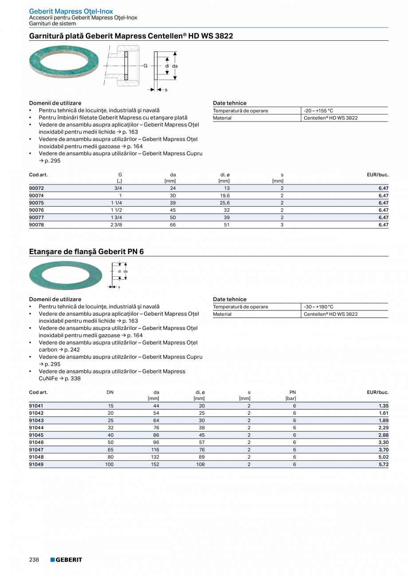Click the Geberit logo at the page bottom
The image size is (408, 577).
click(66, 560)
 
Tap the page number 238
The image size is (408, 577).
click(34, 560)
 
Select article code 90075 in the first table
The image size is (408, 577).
click(36, 203)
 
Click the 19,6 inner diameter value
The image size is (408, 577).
click(225, 196)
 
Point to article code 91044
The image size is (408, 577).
click(36, 428)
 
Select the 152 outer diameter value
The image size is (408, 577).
click(155, 464)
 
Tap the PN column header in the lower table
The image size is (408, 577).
click(292, 392)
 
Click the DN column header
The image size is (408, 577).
click(110, 392)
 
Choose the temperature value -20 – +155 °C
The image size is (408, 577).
click(318, 111)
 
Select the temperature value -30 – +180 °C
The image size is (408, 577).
click(318, 307)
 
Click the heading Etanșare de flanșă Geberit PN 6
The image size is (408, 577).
click(86, 251)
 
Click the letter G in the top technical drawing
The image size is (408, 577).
click(145, 66)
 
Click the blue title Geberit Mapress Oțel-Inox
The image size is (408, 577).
click(71, 11)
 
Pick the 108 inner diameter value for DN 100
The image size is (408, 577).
click(200, 464)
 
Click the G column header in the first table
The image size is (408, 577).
click(120, 175)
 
